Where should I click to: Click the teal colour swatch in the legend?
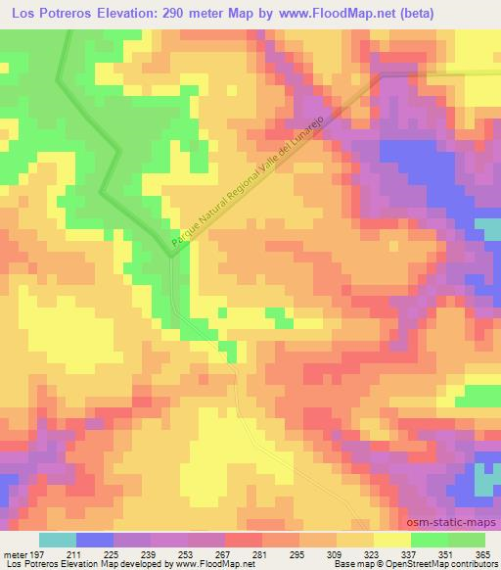click(56, 540)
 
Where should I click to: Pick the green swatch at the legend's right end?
click(466, 540)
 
